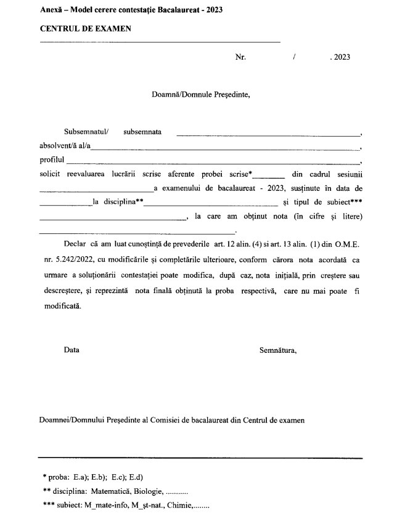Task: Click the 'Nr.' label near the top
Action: (240, 57)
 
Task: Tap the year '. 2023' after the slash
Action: (340, 57)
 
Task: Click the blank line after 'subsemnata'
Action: (268, 134)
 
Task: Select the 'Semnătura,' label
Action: (279, 350)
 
